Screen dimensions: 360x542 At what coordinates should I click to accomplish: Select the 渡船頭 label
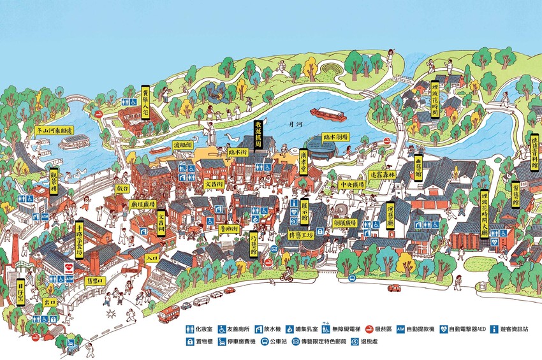click(x=184, y=145)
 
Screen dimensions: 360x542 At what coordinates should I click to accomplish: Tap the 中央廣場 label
click(x=351, y=185)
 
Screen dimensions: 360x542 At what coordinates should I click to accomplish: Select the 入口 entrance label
click(x=151, y=258)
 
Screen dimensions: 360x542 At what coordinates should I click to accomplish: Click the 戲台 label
click(x=122, y=189)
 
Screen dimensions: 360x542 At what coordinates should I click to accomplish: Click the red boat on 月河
click(x=328, y=115)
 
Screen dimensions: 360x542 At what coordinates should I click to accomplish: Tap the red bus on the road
click(x=169, y=313)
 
